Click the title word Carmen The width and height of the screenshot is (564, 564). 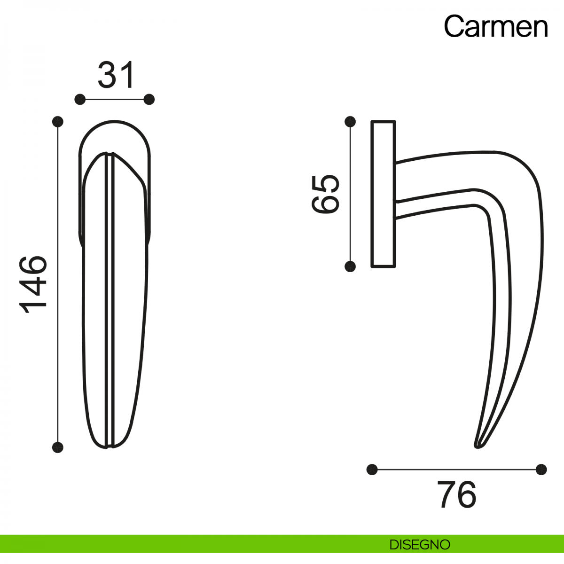[495, 27]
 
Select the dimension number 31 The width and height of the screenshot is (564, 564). [116, 75]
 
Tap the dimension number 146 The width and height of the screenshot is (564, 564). [33, 284]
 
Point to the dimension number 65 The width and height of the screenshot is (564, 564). [325, 194]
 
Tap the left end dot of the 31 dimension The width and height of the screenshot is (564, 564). [80, 100]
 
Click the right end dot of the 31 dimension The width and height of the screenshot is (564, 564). [149, 100]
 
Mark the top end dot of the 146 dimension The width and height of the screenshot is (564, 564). [58, 122]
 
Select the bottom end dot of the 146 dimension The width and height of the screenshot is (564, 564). [58, 447]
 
